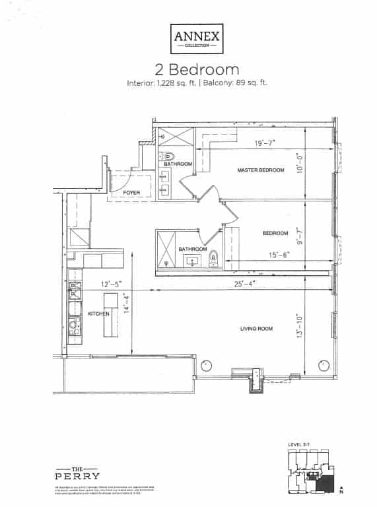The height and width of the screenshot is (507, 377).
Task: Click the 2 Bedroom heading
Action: point(188,69)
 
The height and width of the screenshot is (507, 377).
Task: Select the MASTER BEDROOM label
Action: point(261,170)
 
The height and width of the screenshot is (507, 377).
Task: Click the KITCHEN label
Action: point(99,314)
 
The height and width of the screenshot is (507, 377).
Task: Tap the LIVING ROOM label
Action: point(257,328)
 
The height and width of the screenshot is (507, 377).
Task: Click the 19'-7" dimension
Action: point(267,142)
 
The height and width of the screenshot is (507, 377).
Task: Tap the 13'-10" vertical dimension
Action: point(299,327)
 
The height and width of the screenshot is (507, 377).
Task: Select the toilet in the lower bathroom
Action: point(213,257)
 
